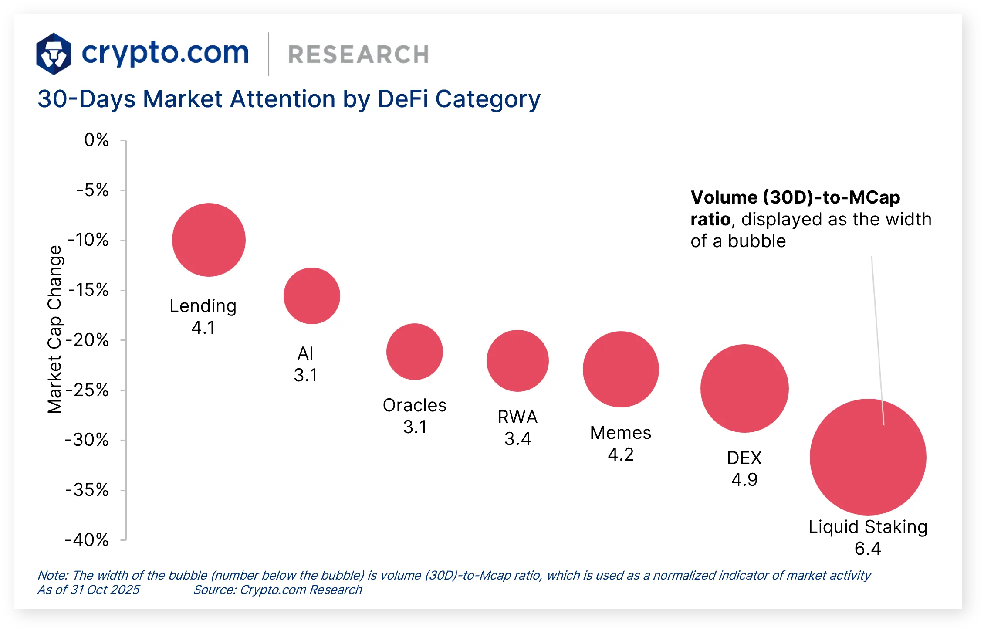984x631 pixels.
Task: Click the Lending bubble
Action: tap(209, 240)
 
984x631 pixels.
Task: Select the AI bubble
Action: tap(311, 295)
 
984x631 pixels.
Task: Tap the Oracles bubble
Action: tap(414, 351)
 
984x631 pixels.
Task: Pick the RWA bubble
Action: tap(517, 360)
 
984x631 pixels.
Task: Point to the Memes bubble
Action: tap(620, 369)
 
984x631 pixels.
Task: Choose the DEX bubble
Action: tap(744, 388)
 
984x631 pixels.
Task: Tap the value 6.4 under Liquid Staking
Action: tap(867, 548)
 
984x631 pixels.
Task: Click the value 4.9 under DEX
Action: tap(744, 479)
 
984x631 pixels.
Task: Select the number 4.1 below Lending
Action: tap(203, 327)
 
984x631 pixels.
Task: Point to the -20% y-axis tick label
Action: tap(87, 340)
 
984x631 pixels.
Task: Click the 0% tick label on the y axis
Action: tap(96, 140)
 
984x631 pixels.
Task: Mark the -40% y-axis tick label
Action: tap(87, 540)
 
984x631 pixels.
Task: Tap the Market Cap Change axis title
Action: tap(55, 329)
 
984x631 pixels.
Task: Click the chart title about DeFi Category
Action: tap(288, 99)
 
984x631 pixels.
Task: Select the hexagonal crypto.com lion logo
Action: tap(54, 54)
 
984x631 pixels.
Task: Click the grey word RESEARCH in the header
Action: tap(358, 54)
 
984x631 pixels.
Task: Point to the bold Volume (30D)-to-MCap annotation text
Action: tap(795, 197)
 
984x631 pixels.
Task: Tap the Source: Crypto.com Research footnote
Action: tap(277, 590)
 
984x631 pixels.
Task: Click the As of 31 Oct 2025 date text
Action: tap(88, 590)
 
